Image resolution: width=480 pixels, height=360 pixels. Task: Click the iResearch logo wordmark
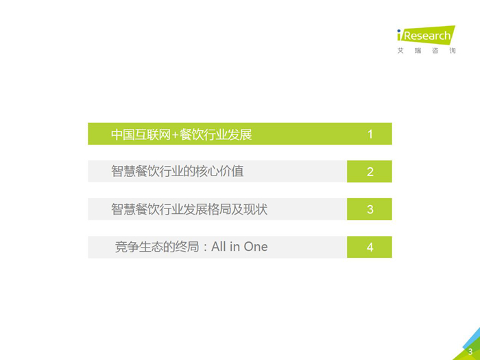click(x=426, y=35)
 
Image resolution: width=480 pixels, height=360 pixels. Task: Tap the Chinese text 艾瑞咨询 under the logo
click(x=426, y=51)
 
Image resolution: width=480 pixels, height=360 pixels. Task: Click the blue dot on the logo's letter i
click(x=398, y=31)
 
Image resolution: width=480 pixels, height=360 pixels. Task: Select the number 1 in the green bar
click(x=370, y=134)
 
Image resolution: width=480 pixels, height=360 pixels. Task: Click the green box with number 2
click(x=369, y=171)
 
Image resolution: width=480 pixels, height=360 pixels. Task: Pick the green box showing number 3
click(x=369, y=209)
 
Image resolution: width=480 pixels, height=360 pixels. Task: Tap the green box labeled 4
click(x=369, y=247)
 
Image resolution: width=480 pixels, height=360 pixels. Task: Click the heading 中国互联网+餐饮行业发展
click(x=181, y=134)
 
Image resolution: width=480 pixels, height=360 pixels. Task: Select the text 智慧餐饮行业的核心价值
click(x=177, y=171)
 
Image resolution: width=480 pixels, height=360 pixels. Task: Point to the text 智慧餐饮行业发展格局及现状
click(x=189, y=209)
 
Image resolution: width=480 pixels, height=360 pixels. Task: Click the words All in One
click(x=239, y=247)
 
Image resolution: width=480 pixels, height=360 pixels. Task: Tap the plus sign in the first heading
click(x=175, y=135)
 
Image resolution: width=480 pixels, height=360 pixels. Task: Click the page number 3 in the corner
click(x=470, y=351)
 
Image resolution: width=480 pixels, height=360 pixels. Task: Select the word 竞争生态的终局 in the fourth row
click(x=157, y=247)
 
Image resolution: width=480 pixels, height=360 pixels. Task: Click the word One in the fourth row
click(x=256, y=247)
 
